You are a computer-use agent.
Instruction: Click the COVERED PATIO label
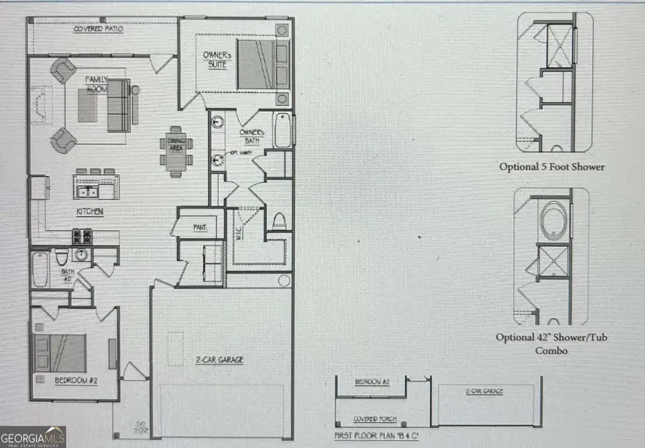point(97,29)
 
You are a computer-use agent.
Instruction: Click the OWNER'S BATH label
point(252,136)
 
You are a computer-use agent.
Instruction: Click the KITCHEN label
point(90,212)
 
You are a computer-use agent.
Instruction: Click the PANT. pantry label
point(200,227)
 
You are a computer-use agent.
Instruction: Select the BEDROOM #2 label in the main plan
point(76,380)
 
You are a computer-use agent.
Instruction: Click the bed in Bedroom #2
point(59,351)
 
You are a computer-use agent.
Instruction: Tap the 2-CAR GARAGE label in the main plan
point(220,360)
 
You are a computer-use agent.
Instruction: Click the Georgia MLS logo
point(34,434)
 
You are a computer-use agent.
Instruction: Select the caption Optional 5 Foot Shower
point(552,167)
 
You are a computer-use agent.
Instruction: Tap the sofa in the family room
point(120,106)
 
